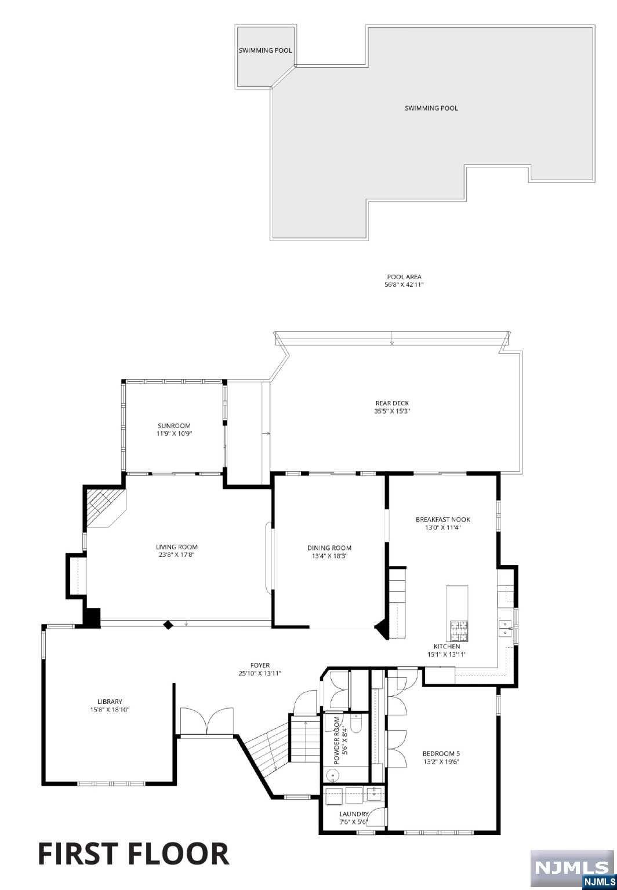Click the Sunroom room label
(174, 426)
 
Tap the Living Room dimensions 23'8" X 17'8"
(176, 555)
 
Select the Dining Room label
(329, 548)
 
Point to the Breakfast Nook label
(443, 520)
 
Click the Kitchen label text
(447, 646)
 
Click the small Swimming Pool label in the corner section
(266, 50)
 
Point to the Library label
(110, 702)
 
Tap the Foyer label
(260, 665)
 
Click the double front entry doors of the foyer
(206, 721)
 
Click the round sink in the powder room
(333, 774)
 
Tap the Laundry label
(354, 814)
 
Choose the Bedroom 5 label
(441, 754)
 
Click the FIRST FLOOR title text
(133, 854)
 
